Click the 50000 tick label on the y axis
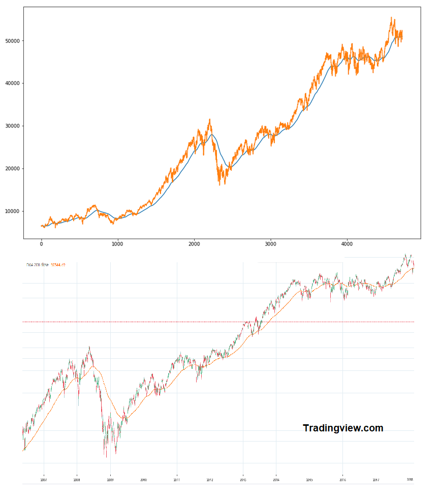(12, 41)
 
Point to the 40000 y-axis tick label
(12, 83)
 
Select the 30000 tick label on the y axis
(12, 126)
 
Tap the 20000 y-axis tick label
(12, 169)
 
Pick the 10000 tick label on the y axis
(12, 211)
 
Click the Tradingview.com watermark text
(343, 428)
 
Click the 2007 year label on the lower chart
(44, 479)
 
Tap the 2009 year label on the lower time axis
(110, 479)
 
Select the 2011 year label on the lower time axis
(177, 479)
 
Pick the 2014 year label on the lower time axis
(276, 479)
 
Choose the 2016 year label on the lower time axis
(342, 479)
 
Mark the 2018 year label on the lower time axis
(409, 479)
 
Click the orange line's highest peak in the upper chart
(391, 18)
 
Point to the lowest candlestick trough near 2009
(106, 456)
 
